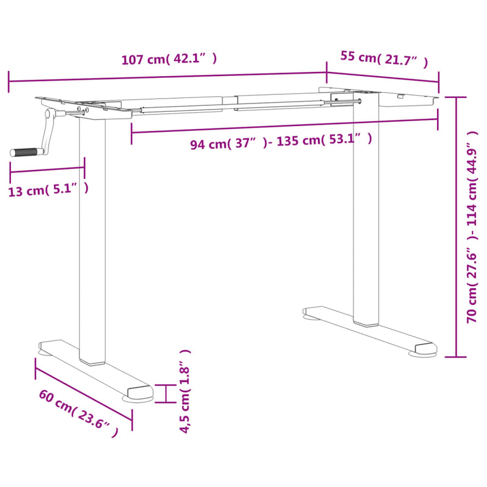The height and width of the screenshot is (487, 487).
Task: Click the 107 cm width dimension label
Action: tap(169, 60)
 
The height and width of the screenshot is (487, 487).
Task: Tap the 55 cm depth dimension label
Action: tap(384, 59)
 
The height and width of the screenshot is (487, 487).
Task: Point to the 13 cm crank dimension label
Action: tap(49, 190)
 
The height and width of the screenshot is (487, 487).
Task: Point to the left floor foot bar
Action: tap(94, 369)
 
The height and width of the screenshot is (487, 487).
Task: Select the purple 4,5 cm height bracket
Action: tap(166, 393)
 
